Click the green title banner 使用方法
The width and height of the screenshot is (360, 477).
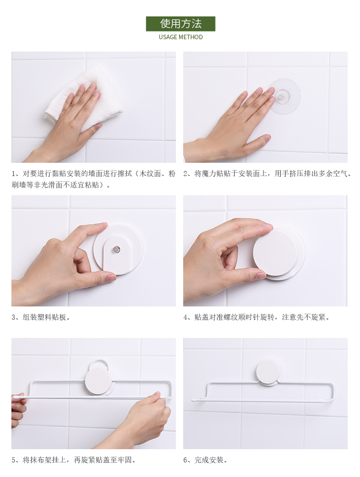pos(180,24)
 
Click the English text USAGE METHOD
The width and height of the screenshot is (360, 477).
pos(180,37)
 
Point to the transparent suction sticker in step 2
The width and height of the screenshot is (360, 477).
pos(284,96)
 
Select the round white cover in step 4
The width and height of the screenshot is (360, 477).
pos(275,253)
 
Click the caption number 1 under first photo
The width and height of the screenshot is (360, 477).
pos(13,174)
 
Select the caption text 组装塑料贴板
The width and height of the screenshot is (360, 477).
pos(44,317)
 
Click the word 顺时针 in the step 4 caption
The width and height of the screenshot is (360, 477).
pos(249,317)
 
